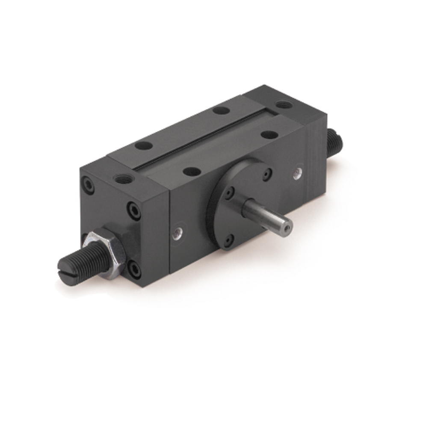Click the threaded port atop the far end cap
284,104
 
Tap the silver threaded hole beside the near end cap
177,234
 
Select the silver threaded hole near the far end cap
297,173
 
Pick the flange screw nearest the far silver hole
267,174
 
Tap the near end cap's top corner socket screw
89,185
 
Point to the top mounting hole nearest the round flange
192,171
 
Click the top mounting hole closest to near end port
144,145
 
